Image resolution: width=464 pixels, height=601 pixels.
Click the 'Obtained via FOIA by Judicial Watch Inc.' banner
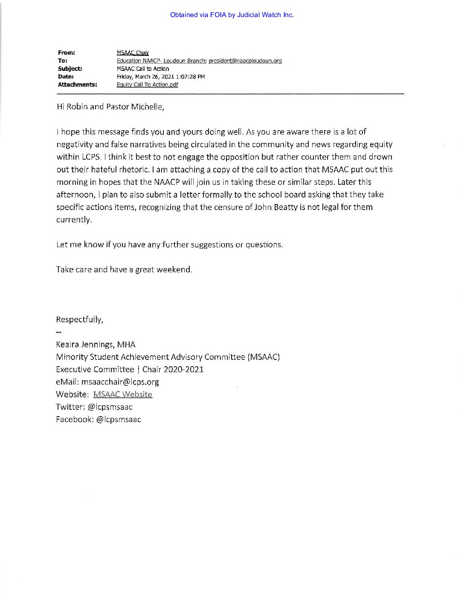[x=232, y=15]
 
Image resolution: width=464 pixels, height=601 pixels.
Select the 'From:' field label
[x=66, y=53]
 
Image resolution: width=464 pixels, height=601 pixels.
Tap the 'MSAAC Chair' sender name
[x=133, y=53]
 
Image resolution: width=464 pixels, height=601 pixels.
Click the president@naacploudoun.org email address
[x=245, y=61]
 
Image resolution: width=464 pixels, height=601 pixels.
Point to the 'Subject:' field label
[x=70, y=69]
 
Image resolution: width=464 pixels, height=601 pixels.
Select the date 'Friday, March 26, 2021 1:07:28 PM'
[x=161, y=77]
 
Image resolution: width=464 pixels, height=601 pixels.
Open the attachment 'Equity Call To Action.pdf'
[x=147, y=85]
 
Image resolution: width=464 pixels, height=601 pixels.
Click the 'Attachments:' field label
[x=77, y=85]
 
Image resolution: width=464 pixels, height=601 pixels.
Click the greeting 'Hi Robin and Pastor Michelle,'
[x=110, y=107]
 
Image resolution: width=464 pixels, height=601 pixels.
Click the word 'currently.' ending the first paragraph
[x=74, y=220]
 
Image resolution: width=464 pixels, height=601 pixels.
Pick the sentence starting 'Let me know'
[x=169, y=245]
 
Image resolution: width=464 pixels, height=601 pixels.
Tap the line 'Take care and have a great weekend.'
[x=124, y=270]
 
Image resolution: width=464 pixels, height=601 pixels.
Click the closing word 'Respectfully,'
[x=79, y=319]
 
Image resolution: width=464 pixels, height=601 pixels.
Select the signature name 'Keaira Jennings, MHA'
[x=96, y=344]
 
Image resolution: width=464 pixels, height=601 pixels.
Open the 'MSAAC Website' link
[x=122, y=394]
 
